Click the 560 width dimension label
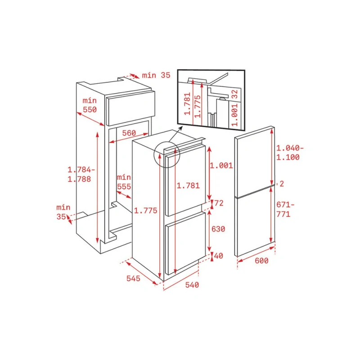click(129, 133)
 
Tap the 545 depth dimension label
click(133, 279)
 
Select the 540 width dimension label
click(192, 285)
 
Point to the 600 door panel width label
click(261, 261)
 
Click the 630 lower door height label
click(218, 229)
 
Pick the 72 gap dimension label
click(219, 203)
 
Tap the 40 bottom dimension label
click(218, 256)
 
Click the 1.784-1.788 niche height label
click(81, 174)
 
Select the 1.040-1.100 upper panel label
click(290, 153)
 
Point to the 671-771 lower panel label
click(285, 209)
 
